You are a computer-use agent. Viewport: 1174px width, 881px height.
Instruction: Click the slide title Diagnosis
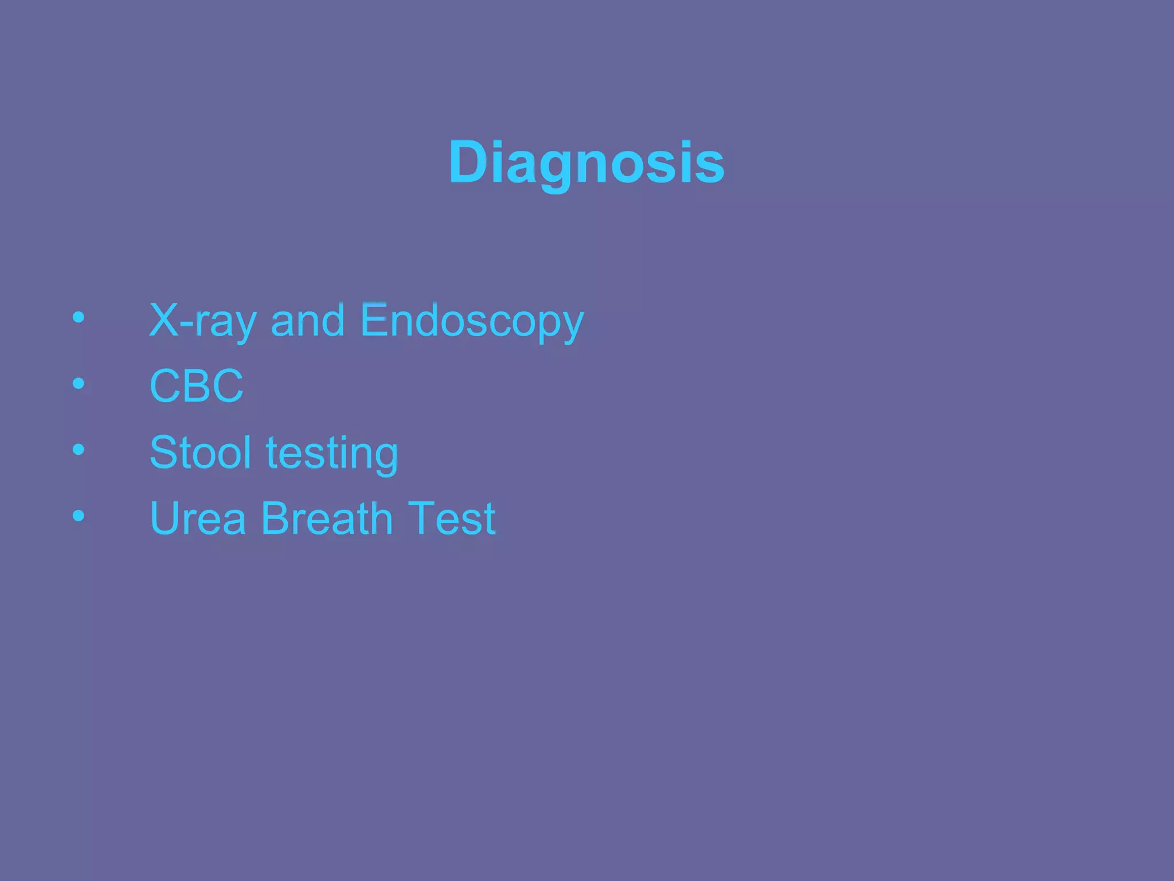tap(586, 163)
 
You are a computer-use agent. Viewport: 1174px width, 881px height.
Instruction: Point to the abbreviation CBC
tap(196, 386)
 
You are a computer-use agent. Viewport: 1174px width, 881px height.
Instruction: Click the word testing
tap(332, 454)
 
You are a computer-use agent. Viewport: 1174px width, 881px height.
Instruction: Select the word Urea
tap(198, 519)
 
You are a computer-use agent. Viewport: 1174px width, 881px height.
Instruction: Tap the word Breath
tap(327, 519)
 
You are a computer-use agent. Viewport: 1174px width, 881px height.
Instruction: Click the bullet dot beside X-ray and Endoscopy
tap(79, 317)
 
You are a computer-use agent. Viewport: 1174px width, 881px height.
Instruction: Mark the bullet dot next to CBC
tap(79, 383)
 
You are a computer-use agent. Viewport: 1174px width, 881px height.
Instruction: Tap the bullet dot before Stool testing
tap(79, 450)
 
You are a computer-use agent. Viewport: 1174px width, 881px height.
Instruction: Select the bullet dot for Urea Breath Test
tap(79, 516)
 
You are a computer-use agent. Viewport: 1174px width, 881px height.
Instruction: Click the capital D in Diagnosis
tap(468, 162)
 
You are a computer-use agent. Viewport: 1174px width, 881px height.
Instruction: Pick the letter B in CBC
tap(197, 386)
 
